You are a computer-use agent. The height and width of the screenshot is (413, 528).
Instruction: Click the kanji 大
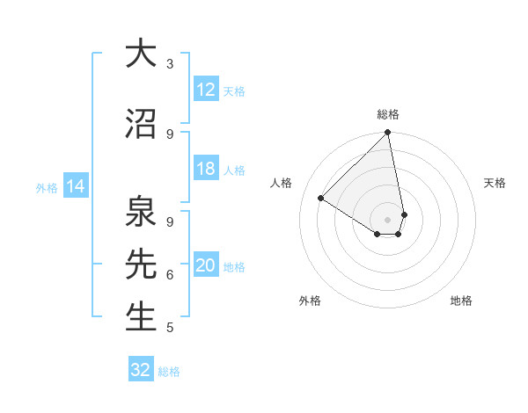pyautogui.click(x=141, y=54)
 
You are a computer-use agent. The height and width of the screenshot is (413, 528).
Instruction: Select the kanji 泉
pyautogui.click(x=141, y=210)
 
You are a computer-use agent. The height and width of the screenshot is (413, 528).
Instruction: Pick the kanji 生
pyautogui.click(x=141, y=316)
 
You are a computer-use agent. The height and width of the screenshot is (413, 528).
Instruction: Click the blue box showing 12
pyautogui.click(x=205, y=90)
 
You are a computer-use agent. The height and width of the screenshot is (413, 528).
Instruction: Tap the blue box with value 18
pyautogui.click(x=205, y=170)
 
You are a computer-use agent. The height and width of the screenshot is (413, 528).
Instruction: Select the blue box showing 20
pyautogui.click(x=205, y=266)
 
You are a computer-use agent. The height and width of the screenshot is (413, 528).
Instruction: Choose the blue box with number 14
pyautogui.click(x=75, y=186)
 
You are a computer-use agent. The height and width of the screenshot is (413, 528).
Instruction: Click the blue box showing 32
pyautogui.click(x=141, y=370)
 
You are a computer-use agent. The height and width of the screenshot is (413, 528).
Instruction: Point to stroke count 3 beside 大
pyautogui.click(x=170, y=64)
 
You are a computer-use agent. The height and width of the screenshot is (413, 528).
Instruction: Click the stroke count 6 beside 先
pyautogui.click(x=170, y=275)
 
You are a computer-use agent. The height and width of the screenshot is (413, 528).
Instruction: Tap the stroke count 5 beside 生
pyautogui.click(x=170, y=328)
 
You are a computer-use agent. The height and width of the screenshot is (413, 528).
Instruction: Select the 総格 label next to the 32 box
pyautogui.click(x=169, y=372)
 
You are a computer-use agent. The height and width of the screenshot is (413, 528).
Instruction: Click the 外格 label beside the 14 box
pyautogui.click(x=46, y=187)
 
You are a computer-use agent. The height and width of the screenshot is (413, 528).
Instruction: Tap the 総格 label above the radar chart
pyautogui.click(x=388, y=114)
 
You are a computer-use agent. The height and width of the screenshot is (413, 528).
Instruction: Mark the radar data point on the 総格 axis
pyautogui.click(x=388, y=134)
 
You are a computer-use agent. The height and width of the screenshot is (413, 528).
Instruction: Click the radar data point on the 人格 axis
pyautogui.click(x=321, y=199)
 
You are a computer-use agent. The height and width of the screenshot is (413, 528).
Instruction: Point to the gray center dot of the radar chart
pyautogui.click(x=387, y=219)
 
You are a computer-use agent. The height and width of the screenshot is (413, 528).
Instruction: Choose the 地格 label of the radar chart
pyautogui.click(x=461, y=301)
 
